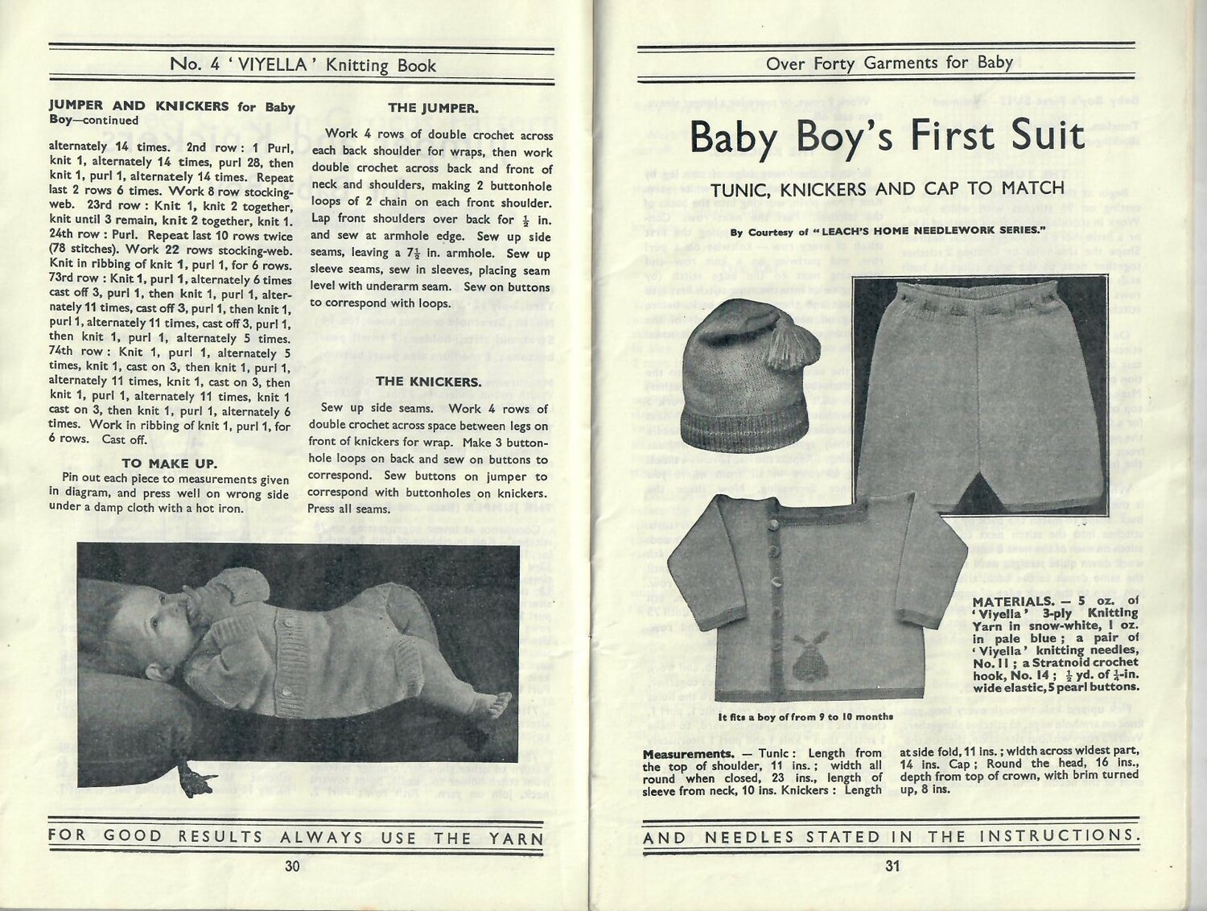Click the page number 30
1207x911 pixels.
(291, 866)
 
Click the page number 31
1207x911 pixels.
(892, 866)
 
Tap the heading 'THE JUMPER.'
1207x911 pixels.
(433, 108)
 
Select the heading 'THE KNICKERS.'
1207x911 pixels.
(428, 381)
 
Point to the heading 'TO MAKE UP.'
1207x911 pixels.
(169, 464)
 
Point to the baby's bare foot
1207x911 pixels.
(499, 696)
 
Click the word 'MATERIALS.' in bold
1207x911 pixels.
(1011, 601)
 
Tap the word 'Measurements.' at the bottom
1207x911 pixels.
(688, 754)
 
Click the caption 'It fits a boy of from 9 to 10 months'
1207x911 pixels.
(805, 716)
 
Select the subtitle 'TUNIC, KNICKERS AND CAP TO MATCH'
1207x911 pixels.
(888, 189)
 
